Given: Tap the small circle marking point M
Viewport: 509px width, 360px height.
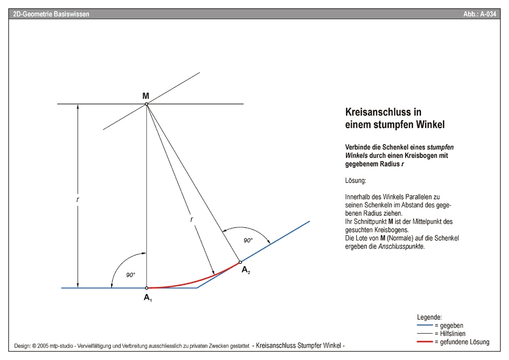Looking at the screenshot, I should [x=146, y=104].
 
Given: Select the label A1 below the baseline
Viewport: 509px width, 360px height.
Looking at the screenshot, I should [x=148, y=298].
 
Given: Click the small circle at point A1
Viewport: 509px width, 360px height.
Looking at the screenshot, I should [x=147, y=288].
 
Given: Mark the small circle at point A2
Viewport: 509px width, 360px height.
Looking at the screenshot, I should [x=240, y=262].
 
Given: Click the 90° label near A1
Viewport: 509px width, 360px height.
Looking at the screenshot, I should [x=130, y=274].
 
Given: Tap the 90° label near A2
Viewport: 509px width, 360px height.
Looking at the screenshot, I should [x=248, y=241].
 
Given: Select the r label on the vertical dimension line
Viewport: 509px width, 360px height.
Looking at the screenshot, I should [x=78, y=199].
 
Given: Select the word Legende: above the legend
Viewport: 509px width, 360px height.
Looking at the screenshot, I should [x=429, y=317].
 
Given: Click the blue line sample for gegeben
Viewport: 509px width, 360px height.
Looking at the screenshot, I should [x=424, y=326].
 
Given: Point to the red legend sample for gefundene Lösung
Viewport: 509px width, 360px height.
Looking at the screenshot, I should [x=424, y=342].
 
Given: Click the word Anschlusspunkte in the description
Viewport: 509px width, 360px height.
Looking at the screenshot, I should [x=401, y=247].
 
